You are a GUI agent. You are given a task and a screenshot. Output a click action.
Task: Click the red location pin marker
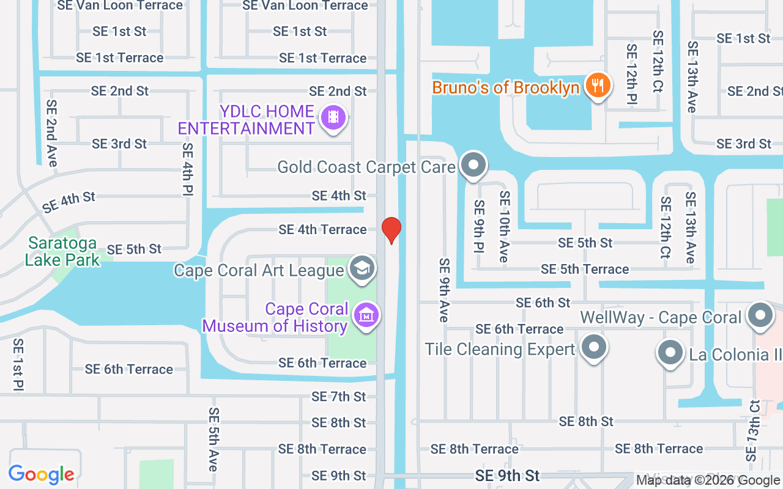pos(391,229)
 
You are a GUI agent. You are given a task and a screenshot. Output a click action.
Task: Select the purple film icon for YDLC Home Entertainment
pos(333,117)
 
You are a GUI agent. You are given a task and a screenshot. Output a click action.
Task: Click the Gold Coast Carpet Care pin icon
pos(473,164)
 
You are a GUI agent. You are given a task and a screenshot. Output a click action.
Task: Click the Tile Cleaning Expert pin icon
pos(593,348)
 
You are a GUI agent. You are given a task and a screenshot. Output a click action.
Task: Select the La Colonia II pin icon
pos(670,353)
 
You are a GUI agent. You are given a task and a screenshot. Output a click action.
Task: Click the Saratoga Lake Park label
pos(62,251)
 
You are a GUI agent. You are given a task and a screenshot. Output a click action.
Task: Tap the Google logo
pos(42,474)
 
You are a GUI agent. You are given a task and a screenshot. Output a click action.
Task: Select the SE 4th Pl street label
pos(188,169)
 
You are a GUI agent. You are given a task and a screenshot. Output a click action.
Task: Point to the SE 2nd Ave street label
pos(52,133)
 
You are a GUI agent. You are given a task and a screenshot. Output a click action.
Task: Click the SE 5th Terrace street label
pos(585,269)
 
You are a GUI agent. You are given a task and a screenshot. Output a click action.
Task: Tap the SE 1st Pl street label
pos(18,364)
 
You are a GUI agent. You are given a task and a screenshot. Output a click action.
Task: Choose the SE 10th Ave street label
pos(504,226)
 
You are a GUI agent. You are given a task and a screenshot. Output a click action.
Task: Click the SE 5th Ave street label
pos(213,439)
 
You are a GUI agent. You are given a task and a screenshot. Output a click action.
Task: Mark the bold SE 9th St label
pos(508,476)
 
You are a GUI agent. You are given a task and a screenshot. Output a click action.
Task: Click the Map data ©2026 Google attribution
pos(708,480)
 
